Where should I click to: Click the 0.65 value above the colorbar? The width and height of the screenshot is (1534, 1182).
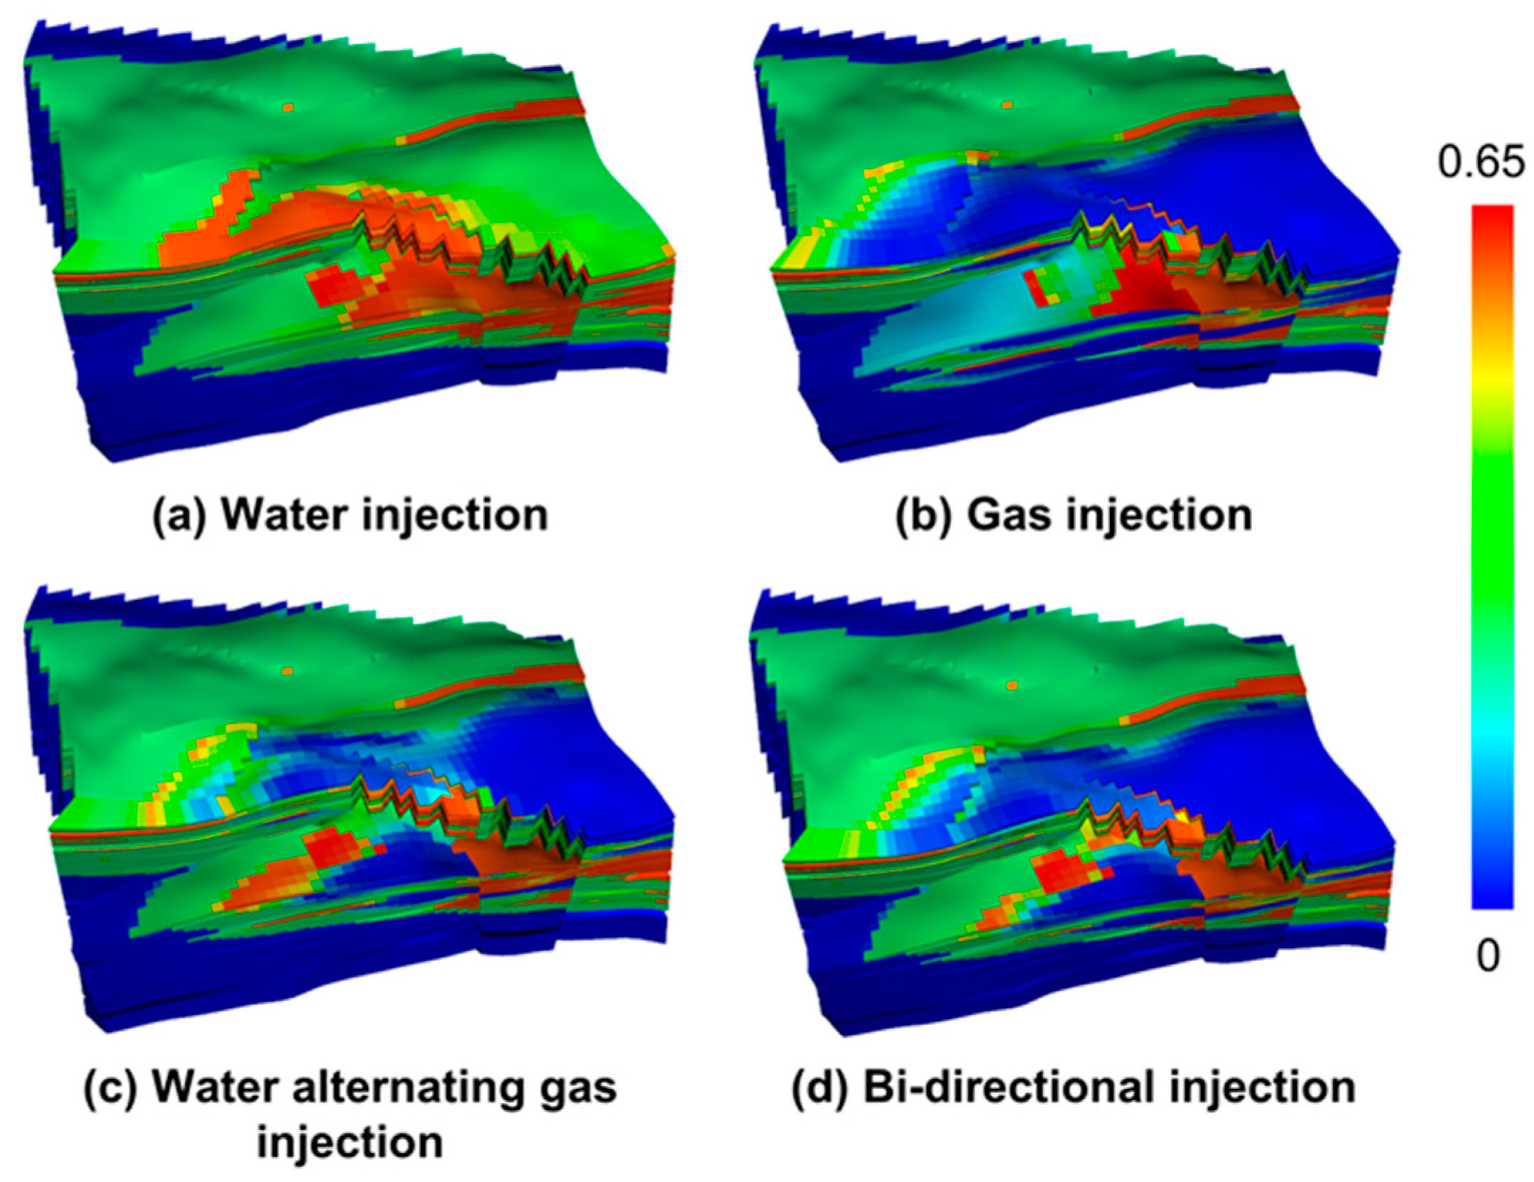[1481, 163]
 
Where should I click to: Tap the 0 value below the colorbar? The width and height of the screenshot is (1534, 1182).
[1488, 957]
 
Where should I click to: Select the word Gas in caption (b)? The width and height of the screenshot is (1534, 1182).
[1008, 515]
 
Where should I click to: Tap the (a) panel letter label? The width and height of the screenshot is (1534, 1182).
[180, 515]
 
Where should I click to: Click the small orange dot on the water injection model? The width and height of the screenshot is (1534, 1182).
[288, 108]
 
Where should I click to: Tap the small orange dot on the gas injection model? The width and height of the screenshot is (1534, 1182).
[1007, 105]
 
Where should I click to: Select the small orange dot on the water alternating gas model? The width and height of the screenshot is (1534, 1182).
[287, 671]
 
